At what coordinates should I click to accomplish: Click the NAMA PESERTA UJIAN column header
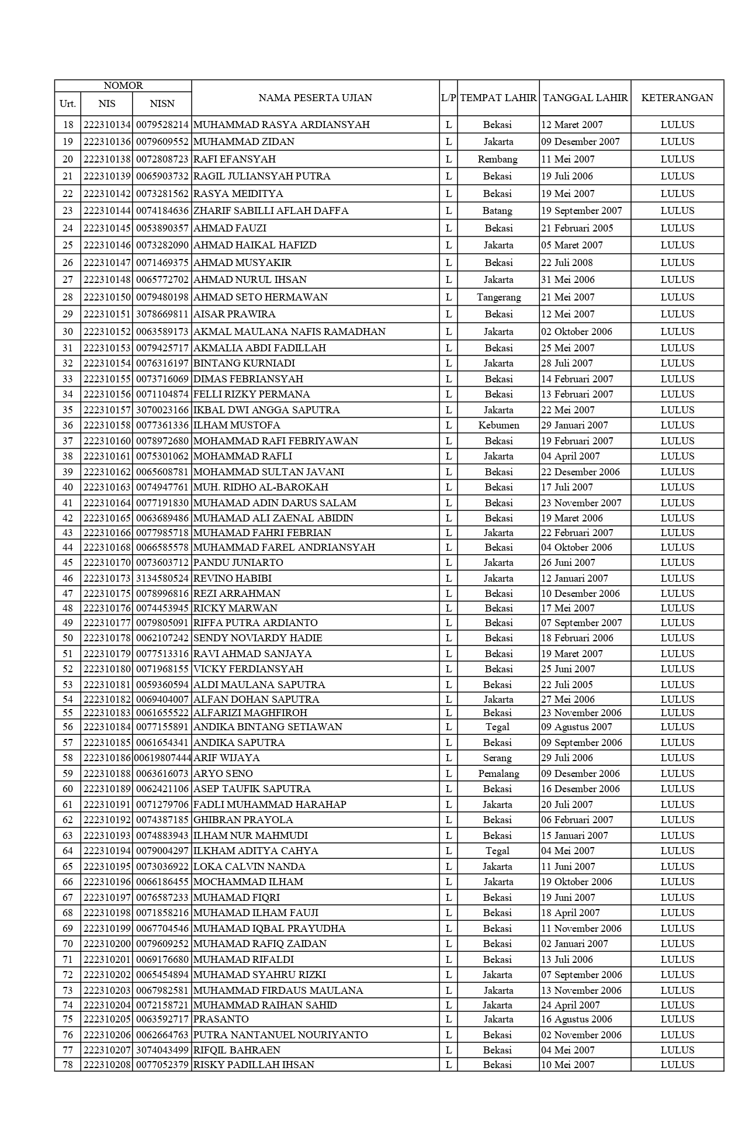point(315,98)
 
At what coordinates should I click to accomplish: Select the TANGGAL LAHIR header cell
point(585,98)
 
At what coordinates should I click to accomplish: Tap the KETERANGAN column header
point(677,98)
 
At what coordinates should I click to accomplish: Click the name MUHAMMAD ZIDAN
point(244,141)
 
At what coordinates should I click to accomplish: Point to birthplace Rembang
point(498,159)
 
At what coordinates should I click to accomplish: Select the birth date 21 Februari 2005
point(577,228)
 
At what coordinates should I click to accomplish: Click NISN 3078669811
point(162,314)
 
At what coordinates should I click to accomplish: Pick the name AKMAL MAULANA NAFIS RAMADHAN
point(289,331)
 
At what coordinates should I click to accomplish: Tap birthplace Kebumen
point(498,425)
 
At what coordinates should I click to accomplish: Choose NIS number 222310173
point(107,578)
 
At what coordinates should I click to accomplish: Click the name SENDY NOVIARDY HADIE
point(258,638)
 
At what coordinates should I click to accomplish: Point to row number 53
point(68,685)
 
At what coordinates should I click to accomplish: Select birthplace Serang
point(498,758)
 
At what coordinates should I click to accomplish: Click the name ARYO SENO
point(223,773)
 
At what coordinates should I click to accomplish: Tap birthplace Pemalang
point(498,773)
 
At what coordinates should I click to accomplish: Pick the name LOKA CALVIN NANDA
point(249,866)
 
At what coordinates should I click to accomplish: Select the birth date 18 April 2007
point(570,913)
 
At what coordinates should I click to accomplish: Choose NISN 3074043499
point(162,1050)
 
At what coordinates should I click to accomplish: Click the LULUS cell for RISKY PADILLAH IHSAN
point(677,1065)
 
